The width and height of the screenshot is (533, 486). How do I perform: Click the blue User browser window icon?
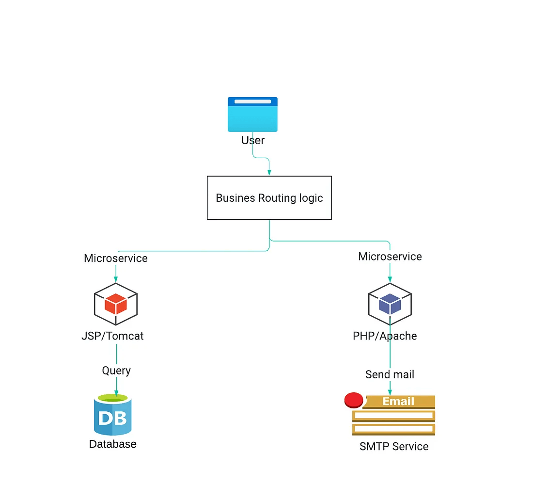point(252,114)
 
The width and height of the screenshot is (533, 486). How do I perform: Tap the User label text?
point(252,141)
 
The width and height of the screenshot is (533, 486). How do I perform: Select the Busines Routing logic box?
point(269,198)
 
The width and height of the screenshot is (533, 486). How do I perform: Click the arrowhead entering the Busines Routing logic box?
point(269,172)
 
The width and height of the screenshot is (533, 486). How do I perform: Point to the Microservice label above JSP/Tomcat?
point(115,258)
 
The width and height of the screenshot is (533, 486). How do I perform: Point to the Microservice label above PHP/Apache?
point(390,257)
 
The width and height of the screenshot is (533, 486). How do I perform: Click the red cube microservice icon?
point(116,304)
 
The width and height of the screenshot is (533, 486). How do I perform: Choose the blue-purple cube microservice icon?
point(390,304)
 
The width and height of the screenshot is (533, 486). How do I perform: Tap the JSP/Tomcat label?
point(112,336)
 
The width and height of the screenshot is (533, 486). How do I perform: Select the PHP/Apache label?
point(385,336)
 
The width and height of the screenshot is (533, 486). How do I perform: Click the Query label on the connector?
point(116,371)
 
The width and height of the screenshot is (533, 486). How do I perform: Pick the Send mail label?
point(390,374)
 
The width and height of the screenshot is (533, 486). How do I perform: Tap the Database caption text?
point(113,444)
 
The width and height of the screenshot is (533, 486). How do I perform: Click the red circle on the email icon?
point(354,400)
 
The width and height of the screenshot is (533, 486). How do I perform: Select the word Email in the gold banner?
point(398,402)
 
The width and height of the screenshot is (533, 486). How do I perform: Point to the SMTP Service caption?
point(394,446)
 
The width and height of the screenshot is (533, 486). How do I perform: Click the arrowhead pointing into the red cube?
point(116,279)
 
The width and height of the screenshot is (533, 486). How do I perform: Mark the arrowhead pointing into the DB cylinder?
point(116,392)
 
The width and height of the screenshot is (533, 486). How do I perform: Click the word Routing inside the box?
point(277,198)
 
